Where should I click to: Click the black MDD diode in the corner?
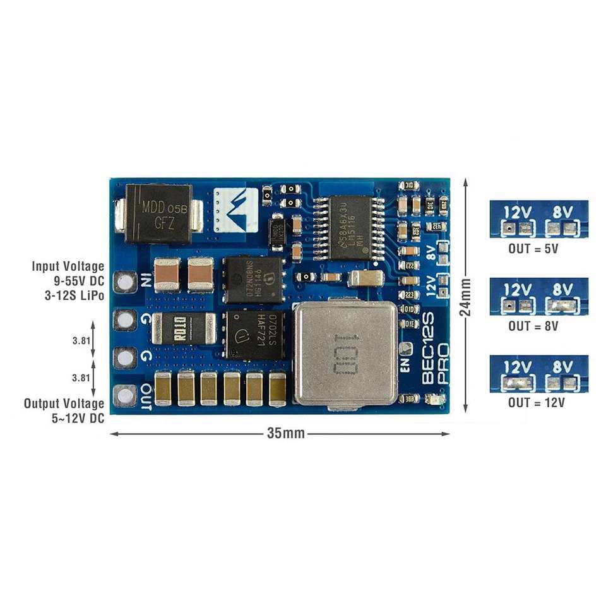(158, 213)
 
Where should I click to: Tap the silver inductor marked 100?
(346, 352)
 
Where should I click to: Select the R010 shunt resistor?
(184, 328)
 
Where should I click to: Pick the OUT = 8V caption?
(533, 326)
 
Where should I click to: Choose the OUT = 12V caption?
(536, 402)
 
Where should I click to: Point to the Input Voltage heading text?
(68, 266)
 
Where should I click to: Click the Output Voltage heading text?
(64, 403)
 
